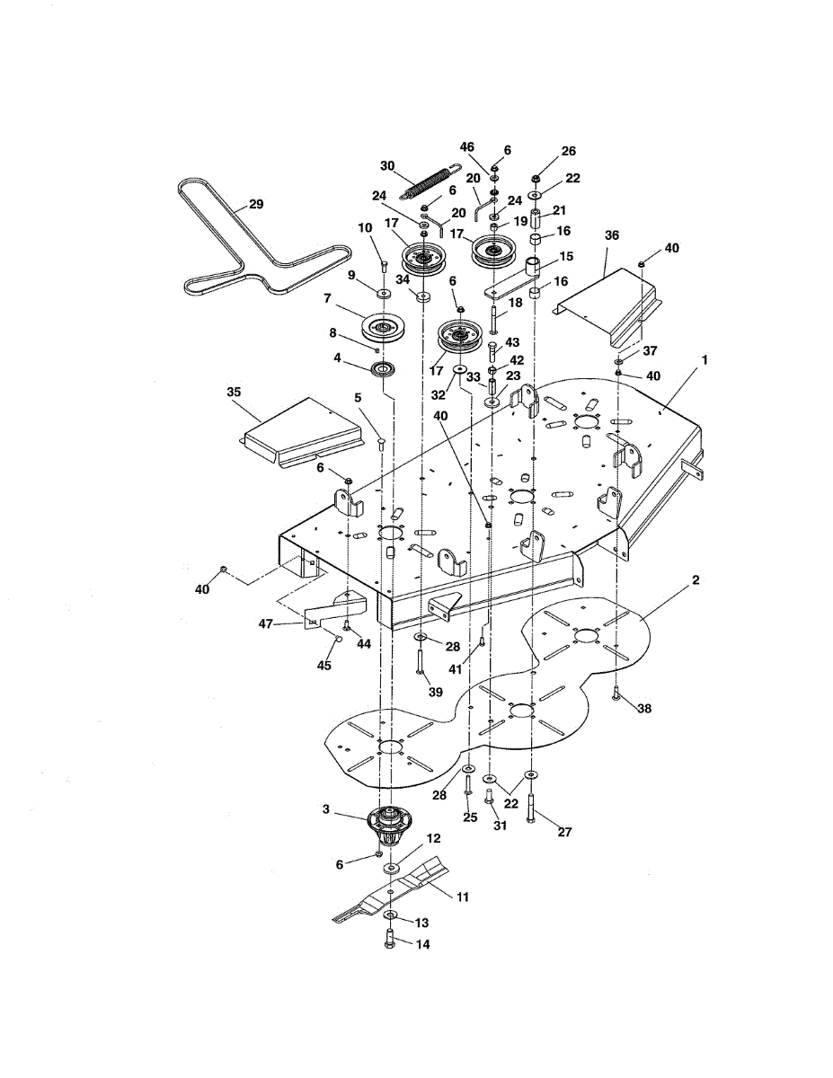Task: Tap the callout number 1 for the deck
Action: click(x=705, y=359)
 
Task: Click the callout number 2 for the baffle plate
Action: click(x=696, y=581)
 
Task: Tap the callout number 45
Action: click(x=323, y=666)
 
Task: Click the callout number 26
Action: click(x=568, y=151)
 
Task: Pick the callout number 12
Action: click(x=434, y=837)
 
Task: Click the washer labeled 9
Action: click(x=383, y=293)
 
